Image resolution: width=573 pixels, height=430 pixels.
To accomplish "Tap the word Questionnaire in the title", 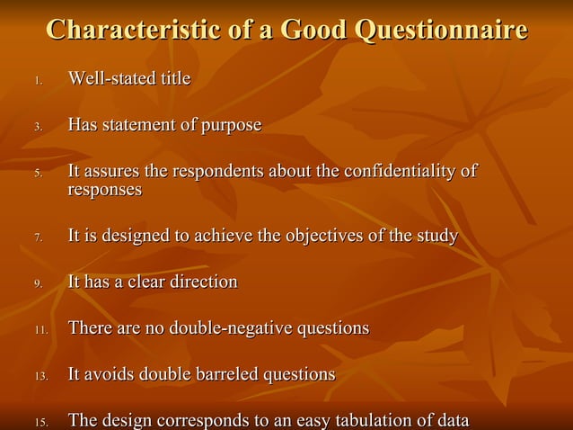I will (x=441, y=30).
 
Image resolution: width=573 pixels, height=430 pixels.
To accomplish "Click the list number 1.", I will (x=38, y=82).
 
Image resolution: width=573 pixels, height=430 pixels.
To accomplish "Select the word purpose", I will (x=231, y=125).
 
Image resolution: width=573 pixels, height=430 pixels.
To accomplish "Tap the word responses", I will (x=105, y=190).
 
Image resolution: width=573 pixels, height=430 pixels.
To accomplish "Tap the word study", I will (x=437, y=237).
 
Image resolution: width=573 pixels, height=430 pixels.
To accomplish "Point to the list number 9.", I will (x=38, y=284).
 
